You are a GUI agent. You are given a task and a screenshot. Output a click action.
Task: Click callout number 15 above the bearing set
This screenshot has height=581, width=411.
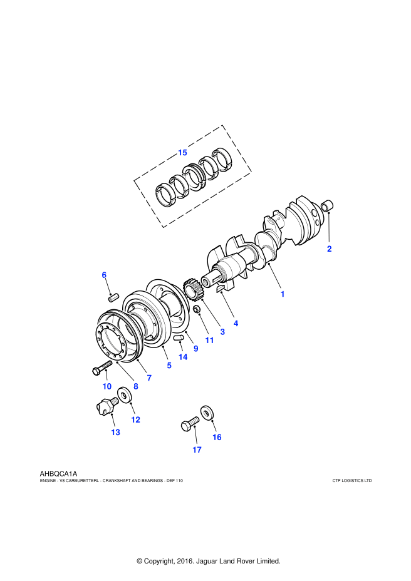(x=182, y=152)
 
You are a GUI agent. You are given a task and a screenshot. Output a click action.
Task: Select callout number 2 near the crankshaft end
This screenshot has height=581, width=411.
(x=329, y=249)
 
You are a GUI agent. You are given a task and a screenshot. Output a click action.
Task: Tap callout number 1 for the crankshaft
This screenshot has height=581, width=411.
(x=283, y=293)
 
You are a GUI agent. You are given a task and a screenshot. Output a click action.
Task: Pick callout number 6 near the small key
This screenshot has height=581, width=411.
(x=105, y=275)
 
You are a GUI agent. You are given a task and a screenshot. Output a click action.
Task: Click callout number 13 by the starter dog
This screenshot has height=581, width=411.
(x=115, y=432)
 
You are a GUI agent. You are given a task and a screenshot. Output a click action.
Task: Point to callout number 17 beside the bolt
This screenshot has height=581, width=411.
(x=197, y=450)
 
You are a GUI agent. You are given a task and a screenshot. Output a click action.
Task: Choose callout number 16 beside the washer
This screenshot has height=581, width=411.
(x=217, y=437)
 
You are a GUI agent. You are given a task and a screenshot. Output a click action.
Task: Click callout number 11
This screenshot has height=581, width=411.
(x=209, y=340)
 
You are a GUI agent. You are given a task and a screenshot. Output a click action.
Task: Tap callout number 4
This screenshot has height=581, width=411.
(x=236, y=323)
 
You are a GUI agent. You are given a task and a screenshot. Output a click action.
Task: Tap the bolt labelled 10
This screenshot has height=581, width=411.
(x=100, y=369)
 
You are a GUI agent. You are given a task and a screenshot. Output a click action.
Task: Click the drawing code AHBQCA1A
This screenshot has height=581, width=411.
(x=58, y=474)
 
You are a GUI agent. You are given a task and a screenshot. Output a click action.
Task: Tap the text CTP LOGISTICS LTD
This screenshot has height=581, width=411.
(x=352, y=481)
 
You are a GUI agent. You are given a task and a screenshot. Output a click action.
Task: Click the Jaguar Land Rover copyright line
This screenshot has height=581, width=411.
(x=208, y=561)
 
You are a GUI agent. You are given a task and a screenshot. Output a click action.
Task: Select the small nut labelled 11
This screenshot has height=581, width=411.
(x=196, y=310)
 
